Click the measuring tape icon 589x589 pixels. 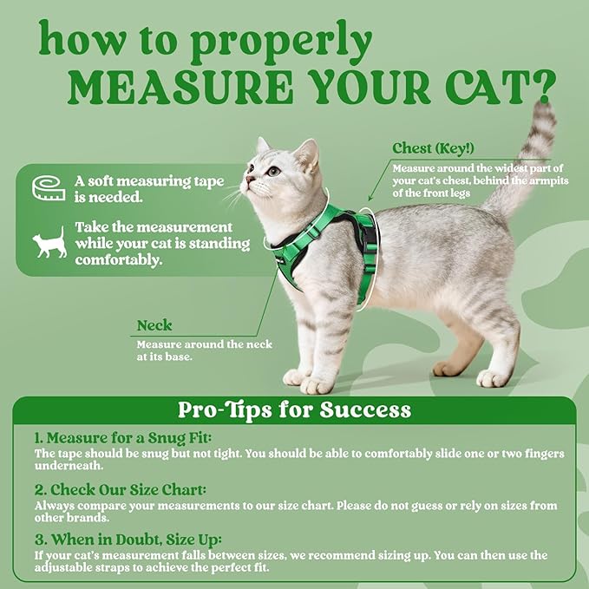point(49,187)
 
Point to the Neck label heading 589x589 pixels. point(154,326)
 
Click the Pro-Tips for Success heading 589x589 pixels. point(294,409)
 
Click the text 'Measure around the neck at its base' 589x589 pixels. point(204,350)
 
